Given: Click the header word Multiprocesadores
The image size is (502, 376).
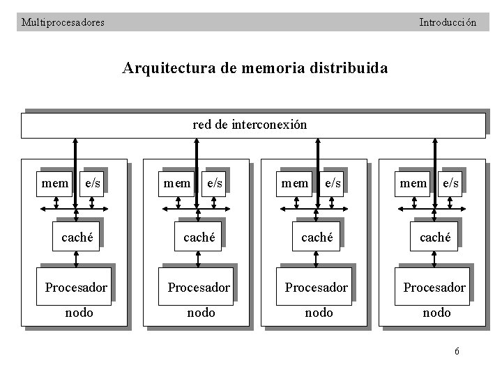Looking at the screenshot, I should pos(63,22).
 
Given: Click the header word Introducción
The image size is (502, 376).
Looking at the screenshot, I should pos(448,22).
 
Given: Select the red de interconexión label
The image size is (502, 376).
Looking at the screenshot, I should pos(249,125).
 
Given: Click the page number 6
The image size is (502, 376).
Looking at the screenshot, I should pos(457,351).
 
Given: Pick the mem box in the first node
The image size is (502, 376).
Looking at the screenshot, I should pos(55,183).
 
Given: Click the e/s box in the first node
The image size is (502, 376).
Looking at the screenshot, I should pos(91,183).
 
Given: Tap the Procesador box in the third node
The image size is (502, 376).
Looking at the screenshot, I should pos(317,287).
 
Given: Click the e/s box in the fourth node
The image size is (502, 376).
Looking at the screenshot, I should pos(451,183).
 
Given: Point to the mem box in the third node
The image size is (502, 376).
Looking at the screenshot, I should pos(294,183).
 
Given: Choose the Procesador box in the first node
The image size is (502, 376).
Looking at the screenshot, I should pos(76,287).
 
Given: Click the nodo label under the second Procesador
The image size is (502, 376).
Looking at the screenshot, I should pos(201,313).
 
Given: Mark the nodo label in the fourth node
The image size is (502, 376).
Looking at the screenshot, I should pos(436,313).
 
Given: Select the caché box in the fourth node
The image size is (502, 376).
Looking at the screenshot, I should pos(436,237).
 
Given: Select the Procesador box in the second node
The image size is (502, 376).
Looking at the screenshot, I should pos(198,287).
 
